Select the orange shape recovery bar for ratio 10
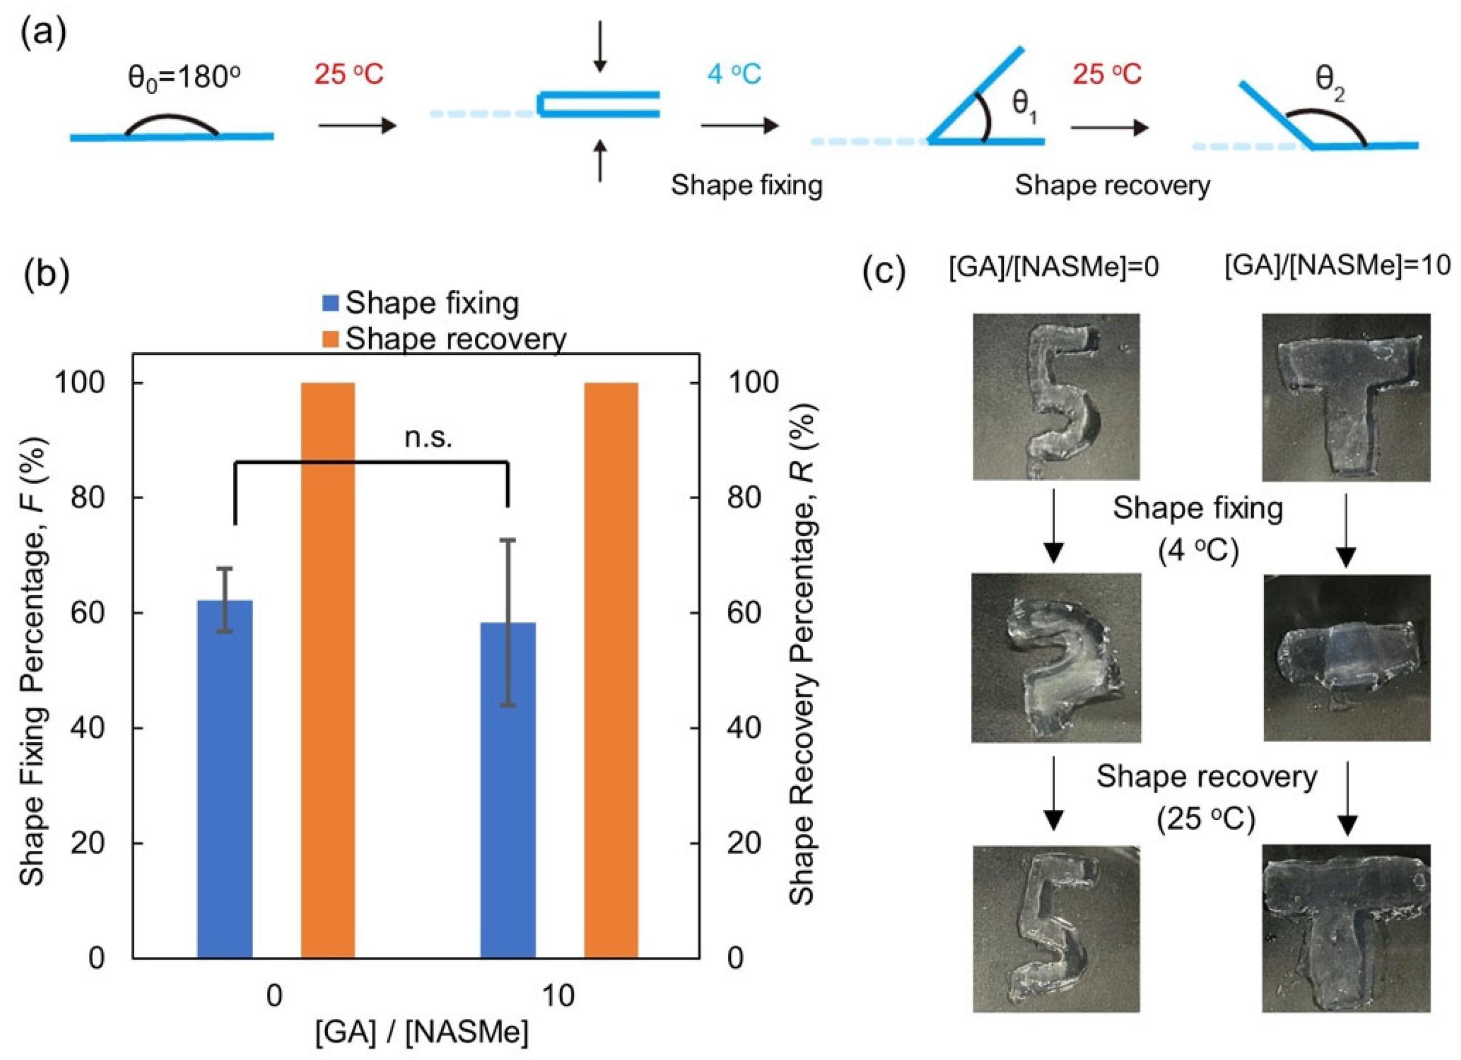(611, 670)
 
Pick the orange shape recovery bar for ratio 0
(328, 670)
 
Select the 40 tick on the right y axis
(745, 728)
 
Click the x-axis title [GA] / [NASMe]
(422, 1033)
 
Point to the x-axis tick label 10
(558, 996)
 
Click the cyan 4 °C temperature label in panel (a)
(734, 75)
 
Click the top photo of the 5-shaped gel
(1056, 397)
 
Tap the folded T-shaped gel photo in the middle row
(1346, 657)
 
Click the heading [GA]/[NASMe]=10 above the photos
(1337, 265)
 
